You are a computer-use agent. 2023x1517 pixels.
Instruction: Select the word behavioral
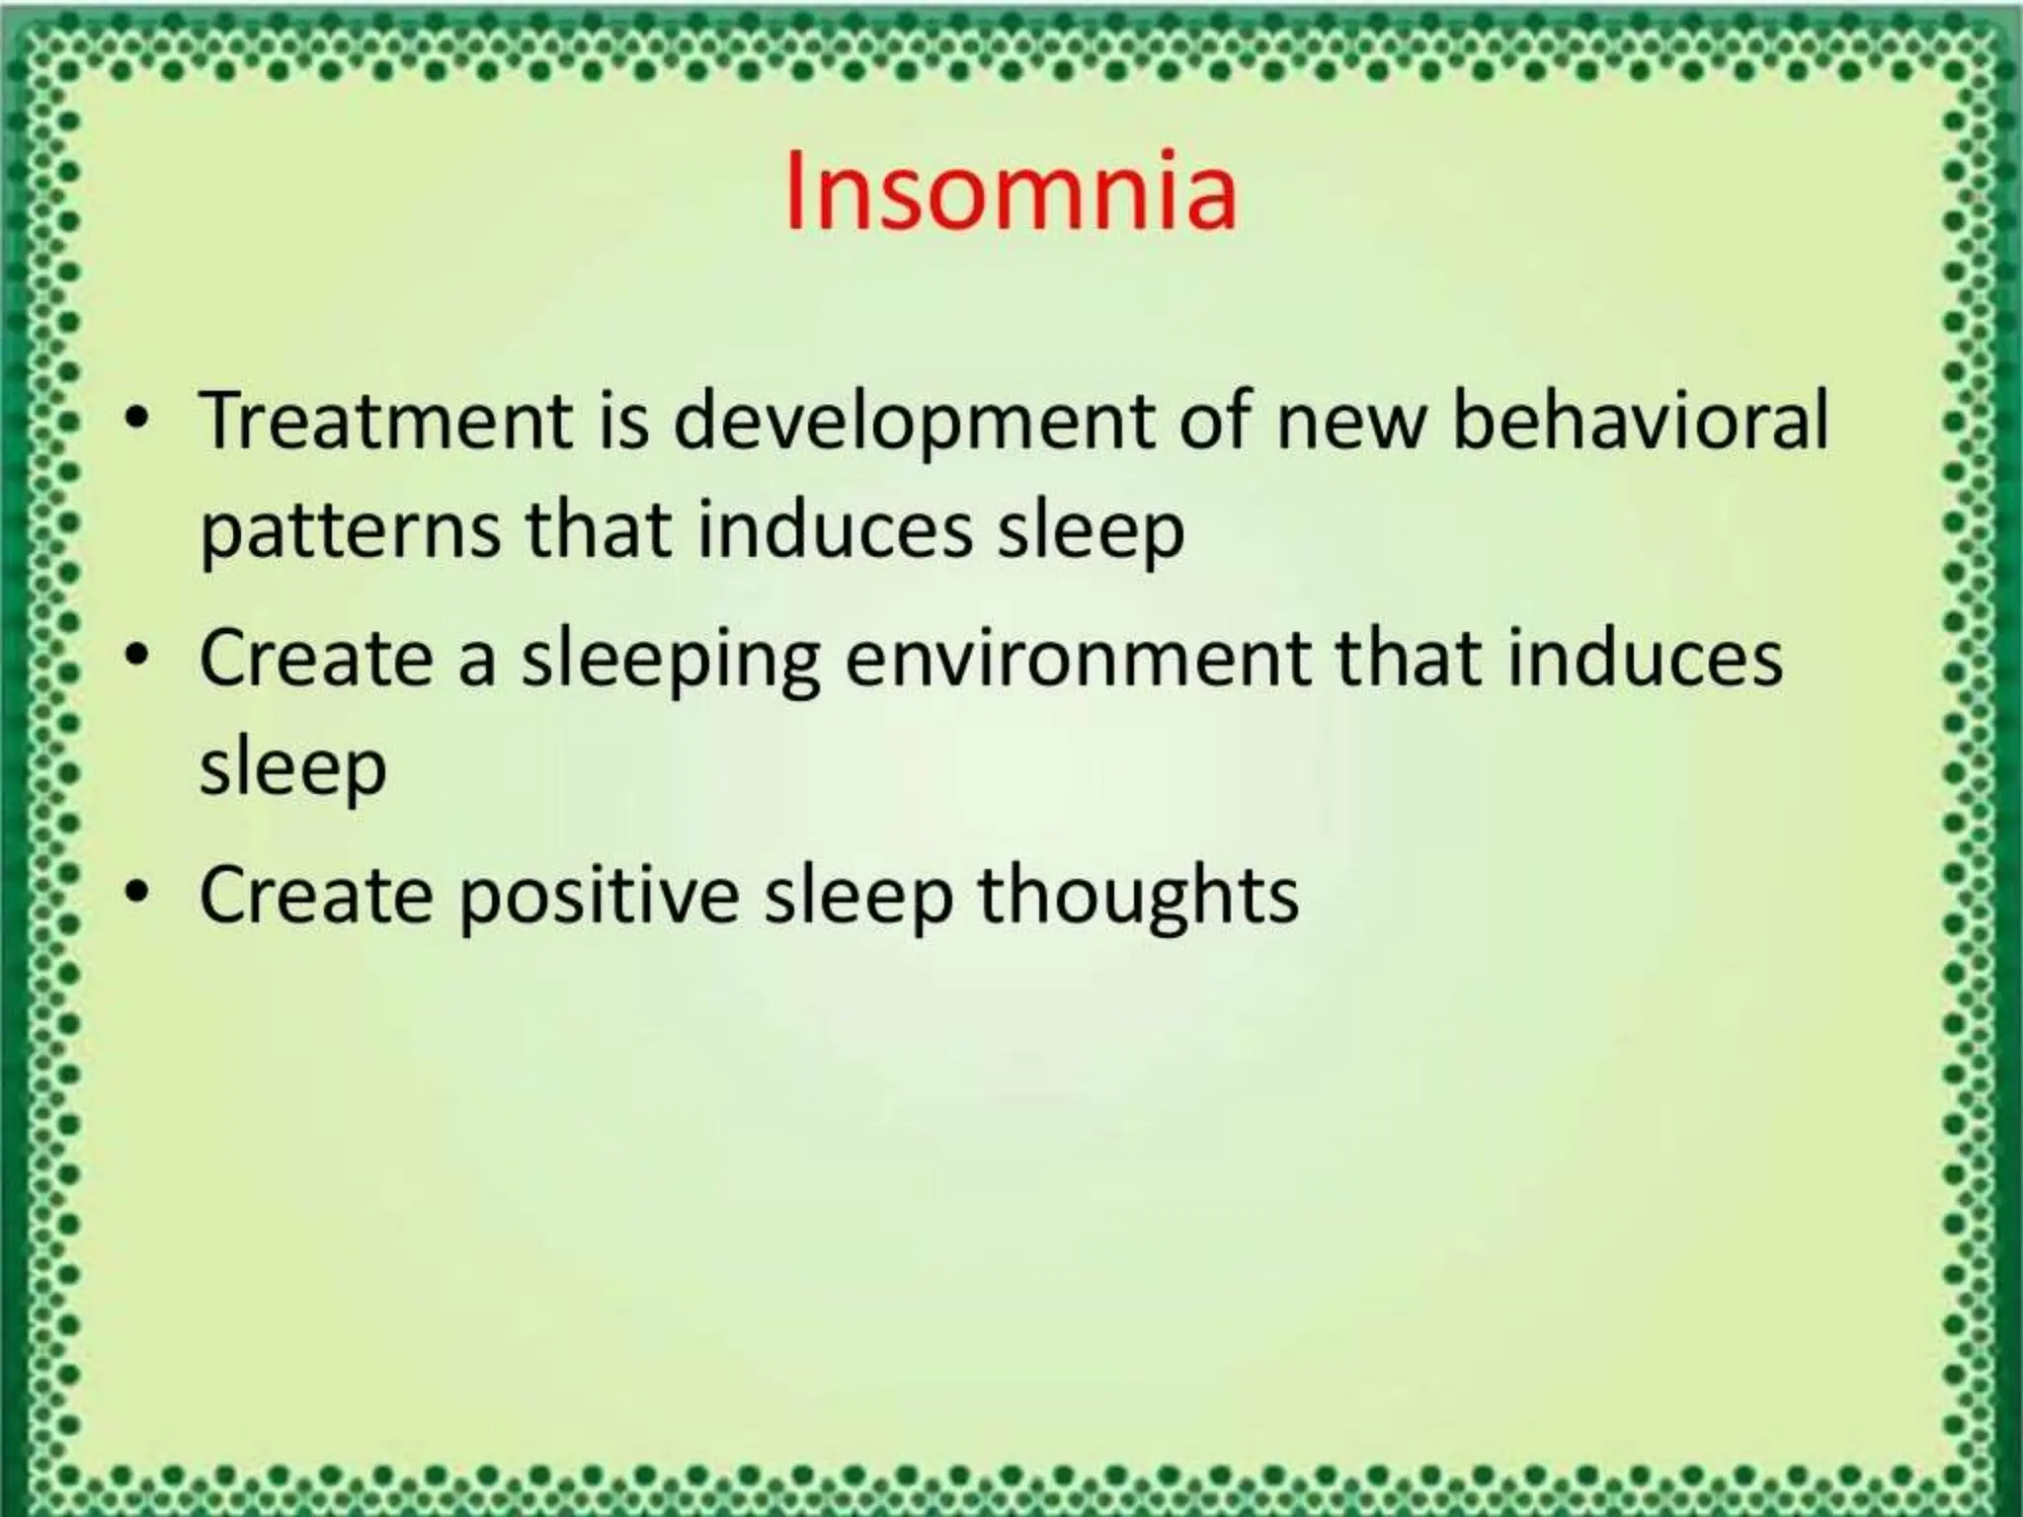1640,419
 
